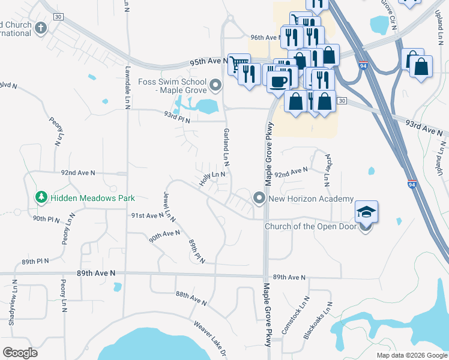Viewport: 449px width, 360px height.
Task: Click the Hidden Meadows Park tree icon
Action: pos(41,197)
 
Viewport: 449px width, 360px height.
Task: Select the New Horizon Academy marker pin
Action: pos(259,197)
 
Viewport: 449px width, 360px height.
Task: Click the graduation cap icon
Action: pos(366,212)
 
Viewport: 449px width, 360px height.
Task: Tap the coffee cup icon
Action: pos(277,81)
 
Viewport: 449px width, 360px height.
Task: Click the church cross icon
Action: pos(41,28)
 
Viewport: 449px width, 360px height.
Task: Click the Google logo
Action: pos(20,353)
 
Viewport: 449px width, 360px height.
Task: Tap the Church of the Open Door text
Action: pos(310,226)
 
